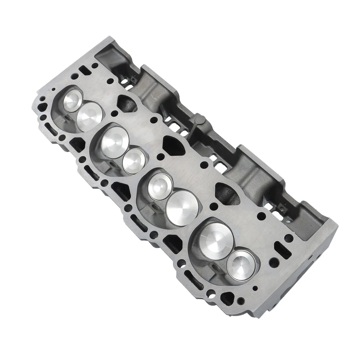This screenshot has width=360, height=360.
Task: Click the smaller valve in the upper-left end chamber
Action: tap(72, 100)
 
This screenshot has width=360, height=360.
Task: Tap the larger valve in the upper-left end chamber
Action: tap(90, 116)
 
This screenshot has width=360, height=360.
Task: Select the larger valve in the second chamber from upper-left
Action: tap(115, 142)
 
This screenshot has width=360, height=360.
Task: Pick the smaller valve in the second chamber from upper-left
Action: tap(134, 161)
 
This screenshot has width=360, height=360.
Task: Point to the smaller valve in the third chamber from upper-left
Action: tap(160, 186)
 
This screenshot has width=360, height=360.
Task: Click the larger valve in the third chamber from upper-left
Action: tap(182, 207)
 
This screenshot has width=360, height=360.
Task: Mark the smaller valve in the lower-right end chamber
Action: tap(241, 265)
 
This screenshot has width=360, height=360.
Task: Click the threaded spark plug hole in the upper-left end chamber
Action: tap(67, 119)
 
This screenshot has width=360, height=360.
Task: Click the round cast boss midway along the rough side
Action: tap(198, 120)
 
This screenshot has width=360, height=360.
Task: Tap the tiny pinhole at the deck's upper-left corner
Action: tap(54, 90)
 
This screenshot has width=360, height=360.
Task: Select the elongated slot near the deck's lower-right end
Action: tap(282, 250)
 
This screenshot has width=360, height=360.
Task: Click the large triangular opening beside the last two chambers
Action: tap(227, 193)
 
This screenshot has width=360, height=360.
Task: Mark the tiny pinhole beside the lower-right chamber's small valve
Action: tap(255, 288)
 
